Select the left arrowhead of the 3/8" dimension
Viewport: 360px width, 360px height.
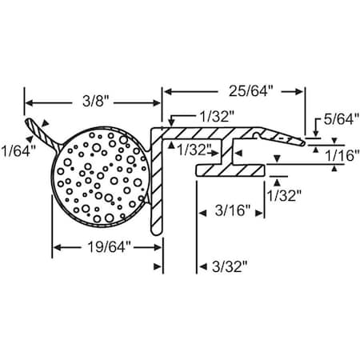pyautogui.click(x=30, y=102)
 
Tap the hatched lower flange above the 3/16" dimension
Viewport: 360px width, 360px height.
pyautogui.click(x=231, y=170)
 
